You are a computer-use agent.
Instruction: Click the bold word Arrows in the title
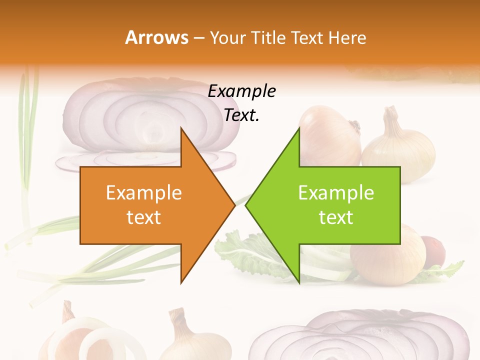point(157,37)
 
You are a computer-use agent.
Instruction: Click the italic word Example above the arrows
point(241,92)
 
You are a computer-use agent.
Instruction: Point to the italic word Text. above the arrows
point(241,115)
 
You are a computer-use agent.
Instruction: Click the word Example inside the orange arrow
point(143,193)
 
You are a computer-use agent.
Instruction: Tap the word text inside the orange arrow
point(143,217)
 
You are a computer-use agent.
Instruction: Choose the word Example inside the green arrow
point(336,193)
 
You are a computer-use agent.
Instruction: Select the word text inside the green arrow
point(336,217)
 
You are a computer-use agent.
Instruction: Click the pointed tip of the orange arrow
point(234,205)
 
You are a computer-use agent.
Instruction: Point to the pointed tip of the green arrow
point(246,205)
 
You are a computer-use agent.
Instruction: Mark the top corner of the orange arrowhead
point(181,127)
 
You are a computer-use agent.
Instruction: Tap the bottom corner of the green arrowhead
point(299,283)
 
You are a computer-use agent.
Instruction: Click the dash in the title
point(198,38)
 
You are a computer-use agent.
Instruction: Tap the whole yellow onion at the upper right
point(398,145)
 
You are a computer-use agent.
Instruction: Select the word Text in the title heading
point(307,38)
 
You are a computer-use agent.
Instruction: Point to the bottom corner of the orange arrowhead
point(181,283)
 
